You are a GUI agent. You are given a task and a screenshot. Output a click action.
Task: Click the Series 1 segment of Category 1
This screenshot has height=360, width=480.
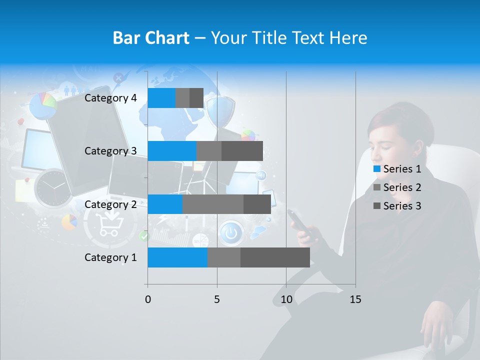[177, 257]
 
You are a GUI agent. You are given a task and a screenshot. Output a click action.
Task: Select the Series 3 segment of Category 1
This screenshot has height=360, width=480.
[275, 257]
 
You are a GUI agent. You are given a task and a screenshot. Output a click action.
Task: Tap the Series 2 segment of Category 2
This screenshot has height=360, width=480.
[213, 204]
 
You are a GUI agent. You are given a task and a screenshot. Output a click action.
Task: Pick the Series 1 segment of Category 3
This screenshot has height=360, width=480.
[172, 151]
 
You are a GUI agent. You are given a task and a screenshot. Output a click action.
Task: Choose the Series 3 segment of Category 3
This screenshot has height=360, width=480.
[242, 151]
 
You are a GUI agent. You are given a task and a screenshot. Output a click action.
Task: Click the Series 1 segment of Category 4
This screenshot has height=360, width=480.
[161, 98]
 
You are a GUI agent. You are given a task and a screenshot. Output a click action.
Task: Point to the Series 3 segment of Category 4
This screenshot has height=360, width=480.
[196, 98]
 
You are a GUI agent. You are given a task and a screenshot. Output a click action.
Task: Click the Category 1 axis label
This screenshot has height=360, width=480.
[110, 257]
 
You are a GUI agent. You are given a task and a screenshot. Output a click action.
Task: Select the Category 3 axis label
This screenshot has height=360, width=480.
[110, 151]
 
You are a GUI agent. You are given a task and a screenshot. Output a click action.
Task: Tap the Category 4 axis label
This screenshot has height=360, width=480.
[110, 98]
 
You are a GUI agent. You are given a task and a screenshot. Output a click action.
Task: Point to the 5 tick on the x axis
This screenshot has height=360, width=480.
[217, 299]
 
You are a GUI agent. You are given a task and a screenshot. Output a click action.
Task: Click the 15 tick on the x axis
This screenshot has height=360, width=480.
[355, 299]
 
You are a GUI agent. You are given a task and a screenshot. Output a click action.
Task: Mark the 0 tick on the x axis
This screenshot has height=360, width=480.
[148, 299]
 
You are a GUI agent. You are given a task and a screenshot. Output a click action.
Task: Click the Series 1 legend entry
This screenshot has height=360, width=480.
[397, 169]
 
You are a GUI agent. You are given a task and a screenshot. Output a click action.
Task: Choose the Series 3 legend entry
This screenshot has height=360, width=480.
[397, 206]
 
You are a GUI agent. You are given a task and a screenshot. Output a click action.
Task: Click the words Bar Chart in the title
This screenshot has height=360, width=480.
[151, 38]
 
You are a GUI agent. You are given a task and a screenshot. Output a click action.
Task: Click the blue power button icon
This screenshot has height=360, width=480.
[230, 233]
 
